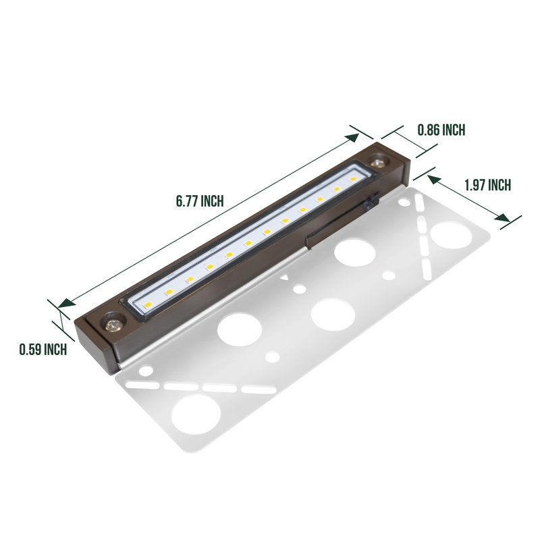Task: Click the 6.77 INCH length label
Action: [199, 201]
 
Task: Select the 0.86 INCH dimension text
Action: [441, 130]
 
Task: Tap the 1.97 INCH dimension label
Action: [487, 185]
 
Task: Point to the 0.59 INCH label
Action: [43, 349]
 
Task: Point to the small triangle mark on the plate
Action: [288, 277]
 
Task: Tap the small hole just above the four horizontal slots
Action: [144, 369]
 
